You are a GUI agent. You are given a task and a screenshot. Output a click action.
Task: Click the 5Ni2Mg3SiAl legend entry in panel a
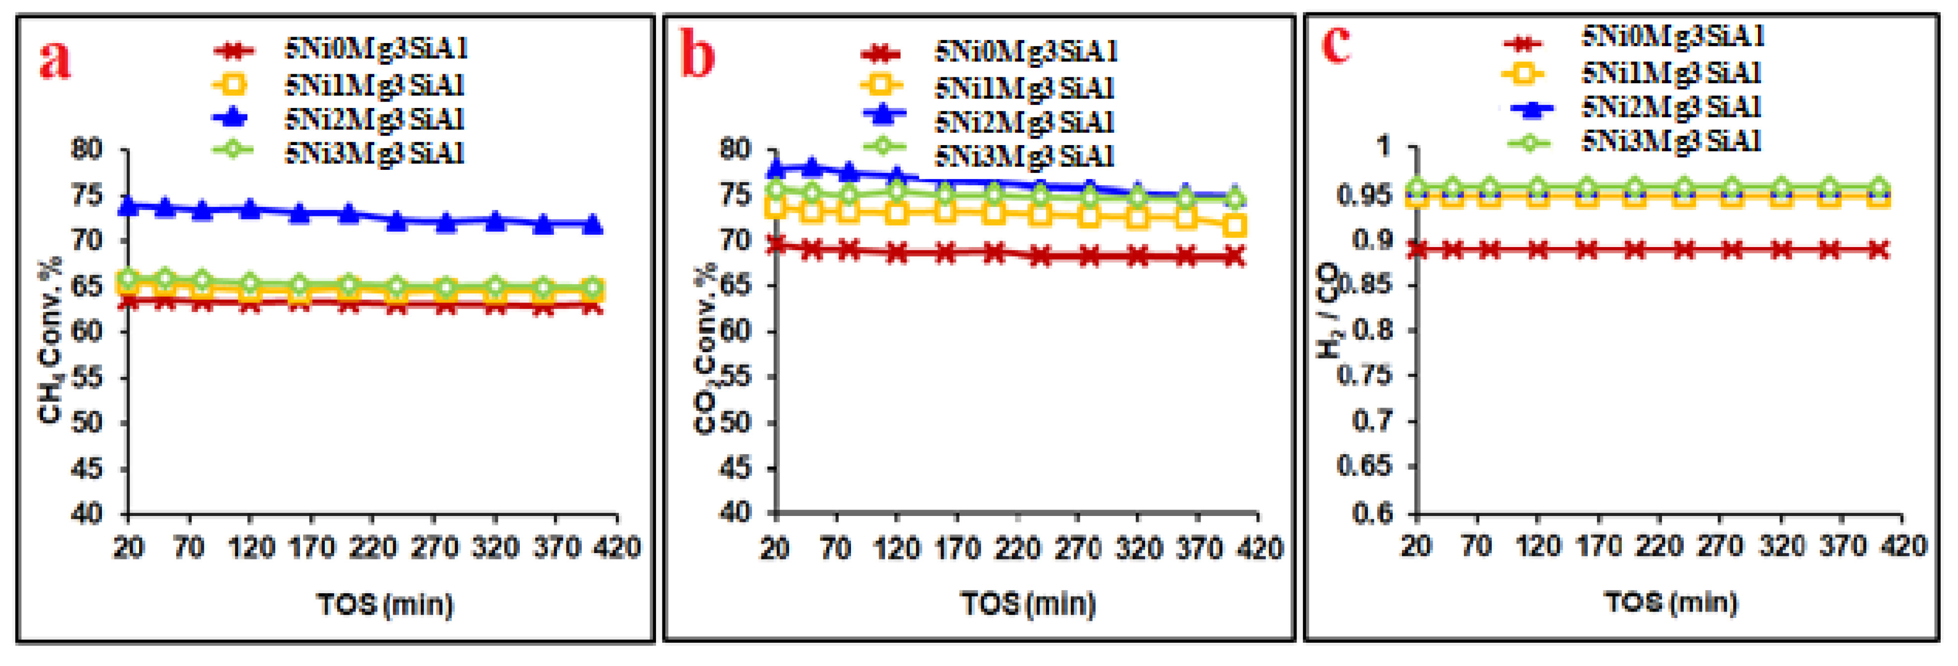pos(374,119)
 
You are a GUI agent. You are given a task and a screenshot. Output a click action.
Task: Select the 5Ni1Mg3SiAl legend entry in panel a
pos(374,85)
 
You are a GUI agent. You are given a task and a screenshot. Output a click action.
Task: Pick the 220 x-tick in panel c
pos(1658,546)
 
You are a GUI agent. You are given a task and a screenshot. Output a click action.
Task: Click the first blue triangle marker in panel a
pos(128,205)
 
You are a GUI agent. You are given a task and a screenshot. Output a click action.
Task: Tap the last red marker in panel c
pos(1879,250)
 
